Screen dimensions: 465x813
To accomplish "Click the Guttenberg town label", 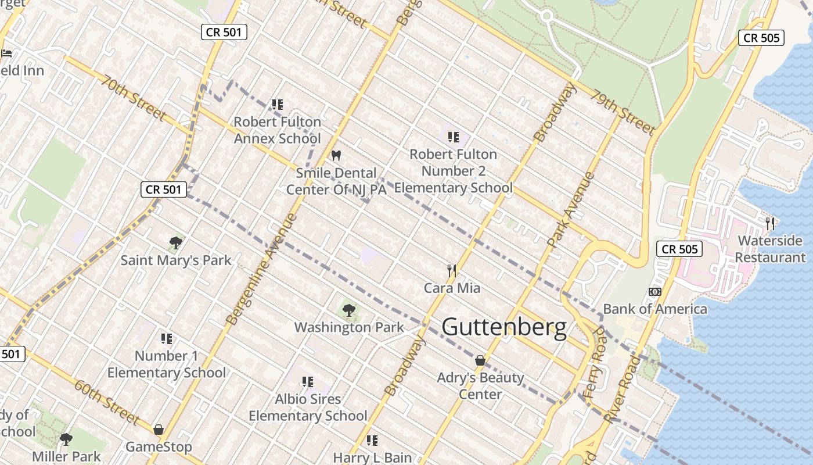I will point(504,327).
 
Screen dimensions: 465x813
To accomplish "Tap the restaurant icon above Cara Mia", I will point(452,270).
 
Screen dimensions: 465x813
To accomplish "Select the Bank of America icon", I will point(654,292).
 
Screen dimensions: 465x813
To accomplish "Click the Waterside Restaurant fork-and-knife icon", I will point(770,223).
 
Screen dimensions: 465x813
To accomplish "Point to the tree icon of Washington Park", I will point(349,310).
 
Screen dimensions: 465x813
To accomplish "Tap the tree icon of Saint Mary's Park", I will point(176,243).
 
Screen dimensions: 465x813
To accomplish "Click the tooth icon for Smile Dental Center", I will point(335,156).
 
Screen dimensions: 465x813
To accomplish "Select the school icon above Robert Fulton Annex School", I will point(278,105).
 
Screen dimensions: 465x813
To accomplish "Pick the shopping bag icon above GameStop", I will point(159,430).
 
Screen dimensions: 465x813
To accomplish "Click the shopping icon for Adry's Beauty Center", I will point(480,360).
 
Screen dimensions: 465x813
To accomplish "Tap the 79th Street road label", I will point(623,112).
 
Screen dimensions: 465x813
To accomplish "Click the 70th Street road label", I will point(132,97).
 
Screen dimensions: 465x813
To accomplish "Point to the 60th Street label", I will point(106,401).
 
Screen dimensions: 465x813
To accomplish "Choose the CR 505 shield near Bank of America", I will point(679,249).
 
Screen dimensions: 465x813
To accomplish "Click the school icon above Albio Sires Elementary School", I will point(308,382).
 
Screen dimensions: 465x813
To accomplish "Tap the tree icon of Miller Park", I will point(66,439).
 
